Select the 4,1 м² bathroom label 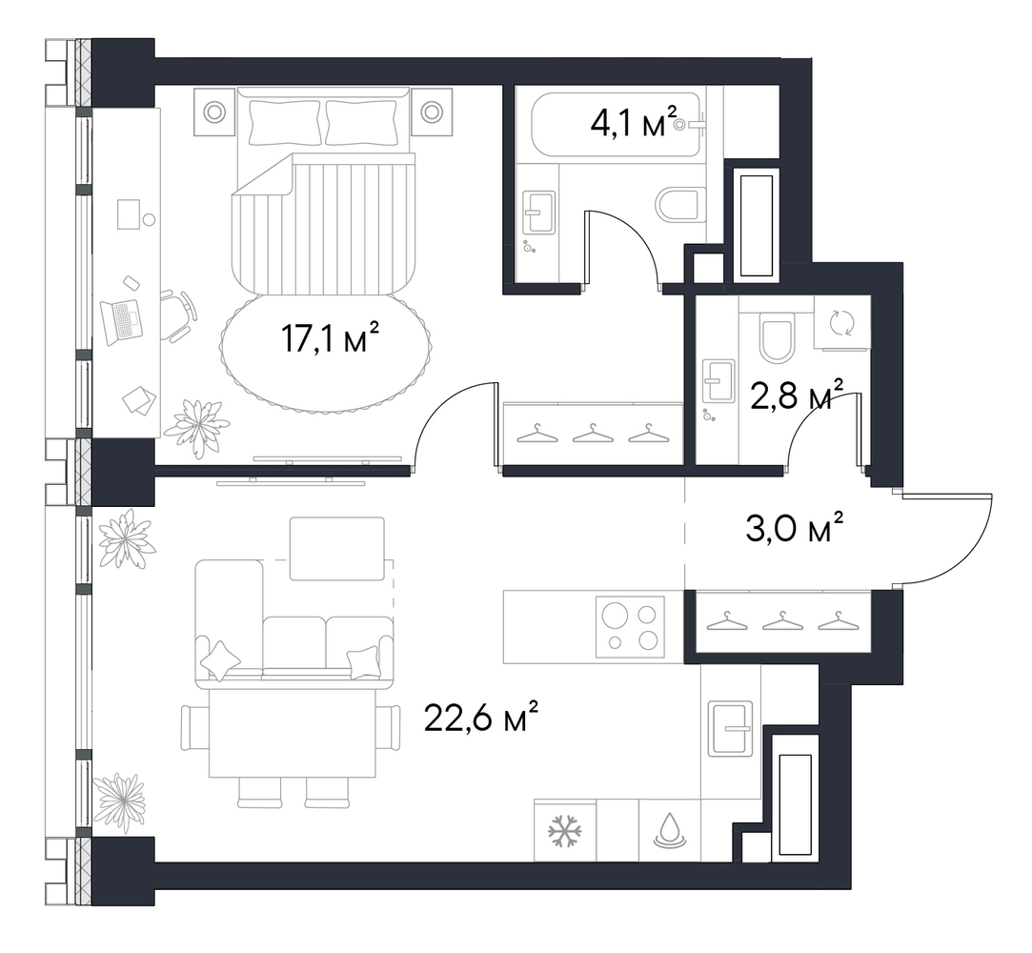click(x=634, y=121)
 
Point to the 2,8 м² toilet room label click(x=797, y=395)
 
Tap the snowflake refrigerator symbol click(x=565, y=830)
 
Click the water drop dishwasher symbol click(x=669, y=830)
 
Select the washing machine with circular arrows click(x=841, y=322)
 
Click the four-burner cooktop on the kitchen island click(x=630, y=627)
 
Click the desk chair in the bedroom click(x=178, y=315)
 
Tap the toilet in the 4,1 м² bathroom click(x=680, y=205)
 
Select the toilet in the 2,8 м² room click(x=776, y=337)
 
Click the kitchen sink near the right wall click(x=730, y=728)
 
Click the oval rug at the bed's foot click(x=327, y=353)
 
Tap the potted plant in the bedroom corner click(x=197, y=427)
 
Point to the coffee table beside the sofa click(x=337, y=549)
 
